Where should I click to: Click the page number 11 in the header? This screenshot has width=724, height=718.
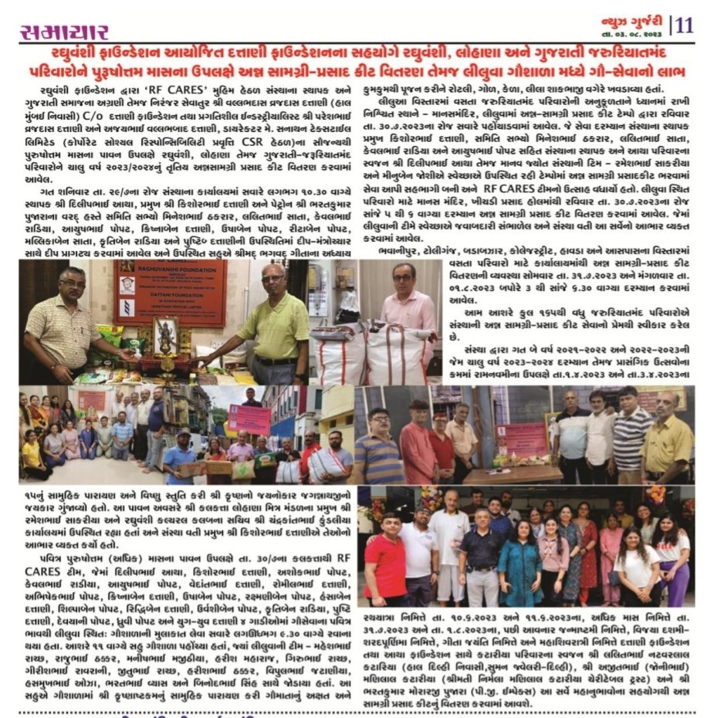click(x=684, y=24)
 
